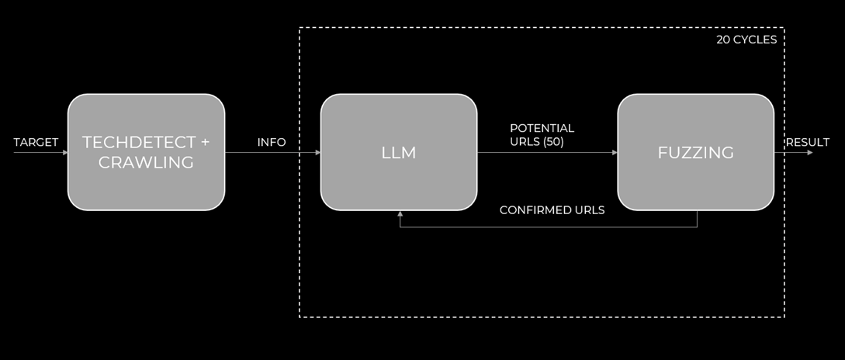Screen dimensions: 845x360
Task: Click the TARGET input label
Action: pos(36,142)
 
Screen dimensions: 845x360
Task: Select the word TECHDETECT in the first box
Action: pos(138,142)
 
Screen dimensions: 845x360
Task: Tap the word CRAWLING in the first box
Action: pos(146,162)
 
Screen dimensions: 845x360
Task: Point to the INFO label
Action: pos(272,142)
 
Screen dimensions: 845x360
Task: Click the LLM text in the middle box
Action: pos(399,153)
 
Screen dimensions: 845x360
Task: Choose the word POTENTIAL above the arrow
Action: pos(542,128)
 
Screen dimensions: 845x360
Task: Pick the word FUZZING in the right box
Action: pos(696,153)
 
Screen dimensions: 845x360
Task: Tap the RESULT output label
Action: pos(807,142)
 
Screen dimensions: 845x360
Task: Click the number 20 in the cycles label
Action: pos(723,40)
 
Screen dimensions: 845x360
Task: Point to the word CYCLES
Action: pos(755,40)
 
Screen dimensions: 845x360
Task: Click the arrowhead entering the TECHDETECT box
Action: pos(65,153)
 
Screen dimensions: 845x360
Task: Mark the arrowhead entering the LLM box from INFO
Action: pos(318,153)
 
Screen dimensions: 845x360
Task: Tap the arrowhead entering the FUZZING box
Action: pos(615,153)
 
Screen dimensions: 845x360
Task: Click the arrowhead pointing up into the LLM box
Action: pos(400,213)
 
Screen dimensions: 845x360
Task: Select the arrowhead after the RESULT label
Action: pos(810,153)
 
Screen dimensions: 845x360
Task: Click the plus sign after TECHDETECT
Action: pos(205,143)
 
